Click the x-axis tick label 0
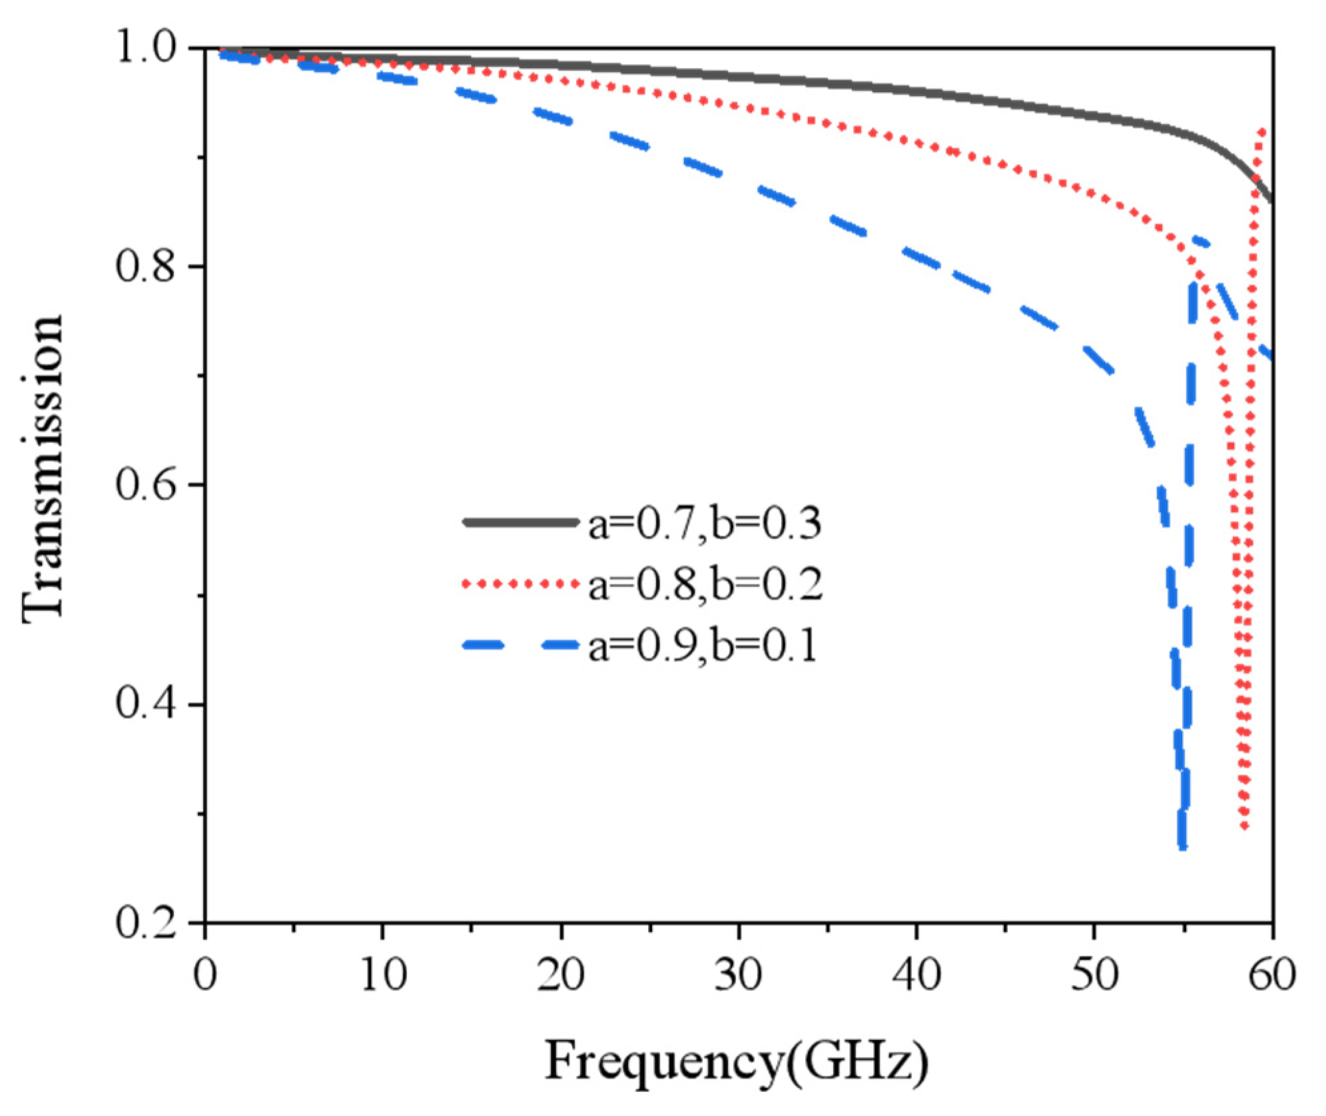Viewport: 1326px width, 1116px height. tap(205, 975)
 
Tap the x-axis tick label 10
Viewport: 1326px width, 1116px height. tap(383, 975)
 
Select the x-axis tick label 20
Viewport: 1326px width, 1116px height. tap(561, 975)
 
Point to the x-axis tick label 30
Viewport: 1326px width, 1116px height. tap(739, 975)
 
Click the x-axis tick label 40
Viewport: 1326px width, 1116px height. tap(916, 975)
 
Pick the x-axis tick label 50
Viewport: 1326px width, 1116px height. tap(1094, 975)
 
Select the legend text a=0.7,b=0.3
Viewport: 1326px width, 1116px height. tap(705, 524)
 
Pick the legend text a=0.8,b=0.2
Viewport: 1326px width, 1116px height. tap(705, 585)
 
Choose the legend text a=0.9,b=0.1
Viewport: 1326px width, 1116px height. tap(703, 646)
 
